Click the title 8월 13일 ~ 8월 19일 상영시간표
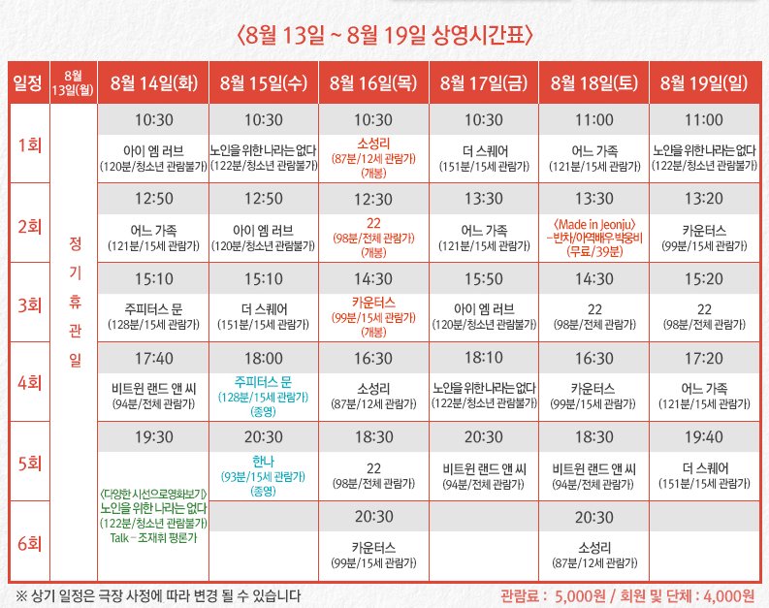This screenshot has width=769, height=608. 385,37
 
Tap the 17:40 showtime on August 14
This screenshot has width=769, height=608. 154,359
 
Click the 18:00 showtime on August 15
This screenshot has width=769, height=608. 264,359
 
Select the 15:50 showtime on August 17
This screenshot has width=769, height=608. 483,278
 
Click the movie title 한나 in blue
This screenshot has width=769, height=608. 264,463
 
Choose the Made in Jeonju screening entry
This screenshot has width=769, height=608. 593,225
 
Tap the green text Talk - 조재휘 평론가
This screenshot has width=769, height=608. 155,536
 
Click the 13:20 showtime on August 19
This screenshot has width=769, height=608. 703,199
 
